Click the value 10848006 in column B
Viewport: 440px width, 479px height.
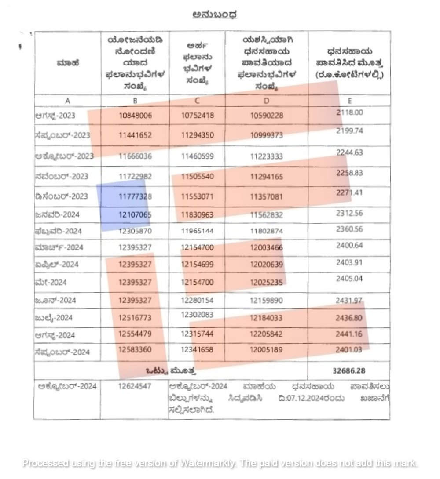click(x=135, y=116)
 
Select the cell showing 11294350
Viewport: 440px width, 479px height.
click(x=198, y=135)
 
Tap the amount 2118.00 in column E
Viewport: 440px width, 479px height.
click(x=349, y=112)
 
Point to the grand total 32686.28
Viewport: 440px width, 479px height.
click(x=349, y=370)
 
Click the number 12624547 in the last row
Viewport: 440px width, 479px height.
click(x=135, y=386)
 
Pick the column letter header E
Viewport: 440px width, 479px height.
click(x=349, y=101)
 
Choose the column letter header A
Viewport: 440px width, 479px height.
click(x=67, y=101)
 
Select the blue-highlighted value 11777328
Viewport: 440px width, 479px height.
click(x=135, y=196)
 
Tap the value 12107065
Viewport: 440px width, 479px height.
click(x=135, y=214)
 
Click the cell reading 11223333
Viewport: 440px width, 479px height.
click(x=267, y=156)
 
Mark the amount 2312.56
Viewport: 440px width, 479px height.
click(x=349, y=213)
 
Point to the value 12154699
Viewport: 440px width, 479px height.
click(x=198, y=265)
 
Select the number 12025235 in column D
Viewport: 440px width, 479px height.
click(x=267, y=282)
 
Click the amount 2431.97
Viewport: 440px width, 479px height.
click(x=349, y=300)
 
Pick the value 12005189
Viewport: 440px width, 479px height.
click(x=267, y=352)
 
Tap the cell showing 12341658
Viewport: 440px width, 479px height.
click(x=198, y=352)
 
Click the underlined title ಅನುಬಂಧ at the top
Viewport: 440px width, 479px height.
click(x=215, y=15)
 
